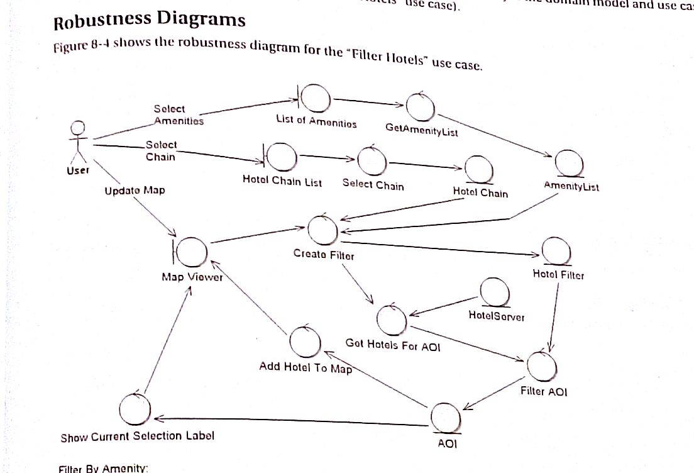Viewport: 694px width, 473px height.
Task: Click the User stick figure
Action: click(78, 142)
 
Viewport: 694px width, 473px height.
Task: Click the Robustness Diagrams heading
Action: click(149, 21)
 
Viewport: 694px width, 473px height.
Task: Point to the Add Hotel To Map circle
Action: click(306, 342)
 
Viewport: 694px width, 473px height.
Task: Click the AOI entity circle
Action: click(447, 417)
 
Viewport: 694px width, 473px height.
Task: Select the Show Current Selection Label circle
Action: click(135, 409)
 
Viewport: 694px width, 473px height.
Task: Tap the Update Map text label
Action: click(135, 190)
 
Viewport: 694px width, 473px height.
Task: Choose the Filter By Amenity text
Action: click(102, 468)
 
